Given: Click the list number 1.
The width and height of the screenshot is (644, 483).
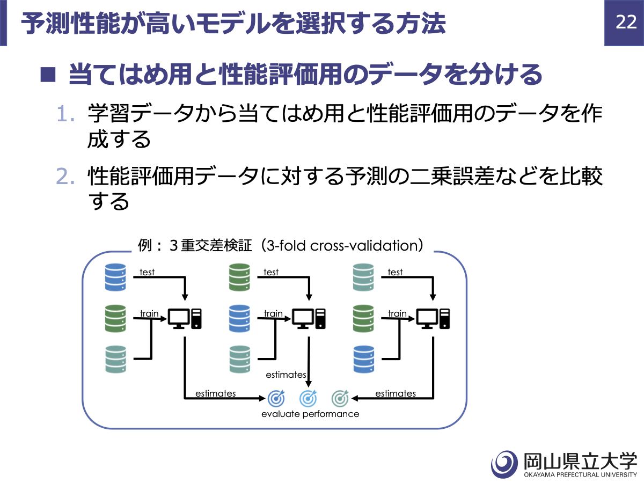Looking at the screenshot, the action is coord(65,113).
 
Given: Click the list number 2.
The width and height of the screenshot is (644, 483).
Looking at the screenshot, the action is coord(65,176).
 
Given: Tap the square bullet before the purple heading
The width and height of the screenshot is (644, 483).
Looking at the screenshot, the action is coord(48,75).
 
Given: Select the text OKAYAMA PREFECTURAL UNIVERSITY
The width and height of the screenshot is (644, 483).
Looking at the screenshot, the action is coord(580,475).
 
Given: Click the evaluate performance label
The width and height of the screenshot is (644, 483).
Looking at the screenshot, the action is coord(310,414).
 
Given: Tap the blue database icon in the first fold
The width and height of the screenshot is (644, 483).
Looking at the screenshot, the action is coord(115,277).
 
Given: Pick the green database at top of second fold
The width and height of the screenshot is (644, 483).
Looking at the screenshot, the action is coord(239,277).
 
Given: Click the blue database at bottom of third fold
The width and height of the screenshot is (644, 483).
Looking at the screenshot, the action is coord(364,359).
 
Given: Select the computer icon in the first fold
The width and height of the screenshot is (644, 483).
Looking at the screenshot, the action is coord(185,318).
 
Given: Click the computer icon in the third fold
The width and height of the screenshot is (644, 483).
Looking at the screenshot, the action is coord(433,318).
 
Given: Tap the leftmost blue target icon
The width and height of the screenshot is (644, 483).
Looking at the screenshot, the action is coord(276,398).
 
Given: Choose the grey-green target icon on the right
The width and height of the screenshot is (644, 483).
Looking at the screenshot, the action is coord(340,398).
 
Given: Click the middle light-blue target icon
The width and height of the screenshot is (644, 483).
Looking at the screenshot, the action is coord(308,398).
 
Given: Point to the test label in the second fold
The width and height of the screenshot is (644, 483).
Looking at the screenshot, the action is coord(271,272).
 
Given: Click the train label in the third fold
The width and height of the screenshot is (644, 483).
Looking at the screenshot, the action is coord(397,313).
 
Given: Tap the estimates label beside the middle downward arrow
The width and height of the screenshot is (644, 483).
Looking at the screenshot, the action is coord(286,375).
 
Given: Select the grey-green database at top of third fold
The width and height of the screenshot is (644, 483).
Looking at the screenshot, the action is coord(363,277).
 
